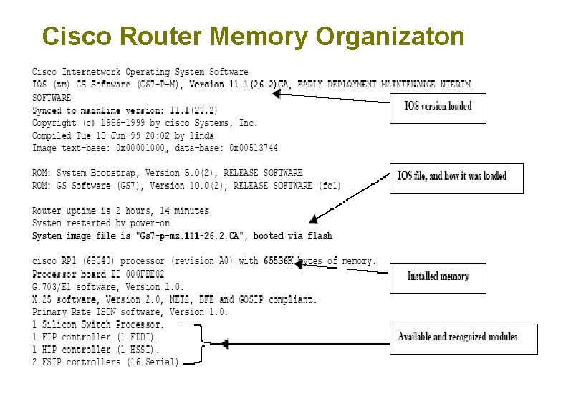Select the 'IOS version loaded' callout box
point(438,107)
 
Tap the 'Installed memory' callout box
point(438,276)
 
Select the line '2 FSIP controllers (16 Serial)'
point(105,362)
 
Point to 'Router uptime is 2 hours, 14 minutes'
point(120,211)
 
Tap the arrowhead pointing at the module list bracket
point(224,345)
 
